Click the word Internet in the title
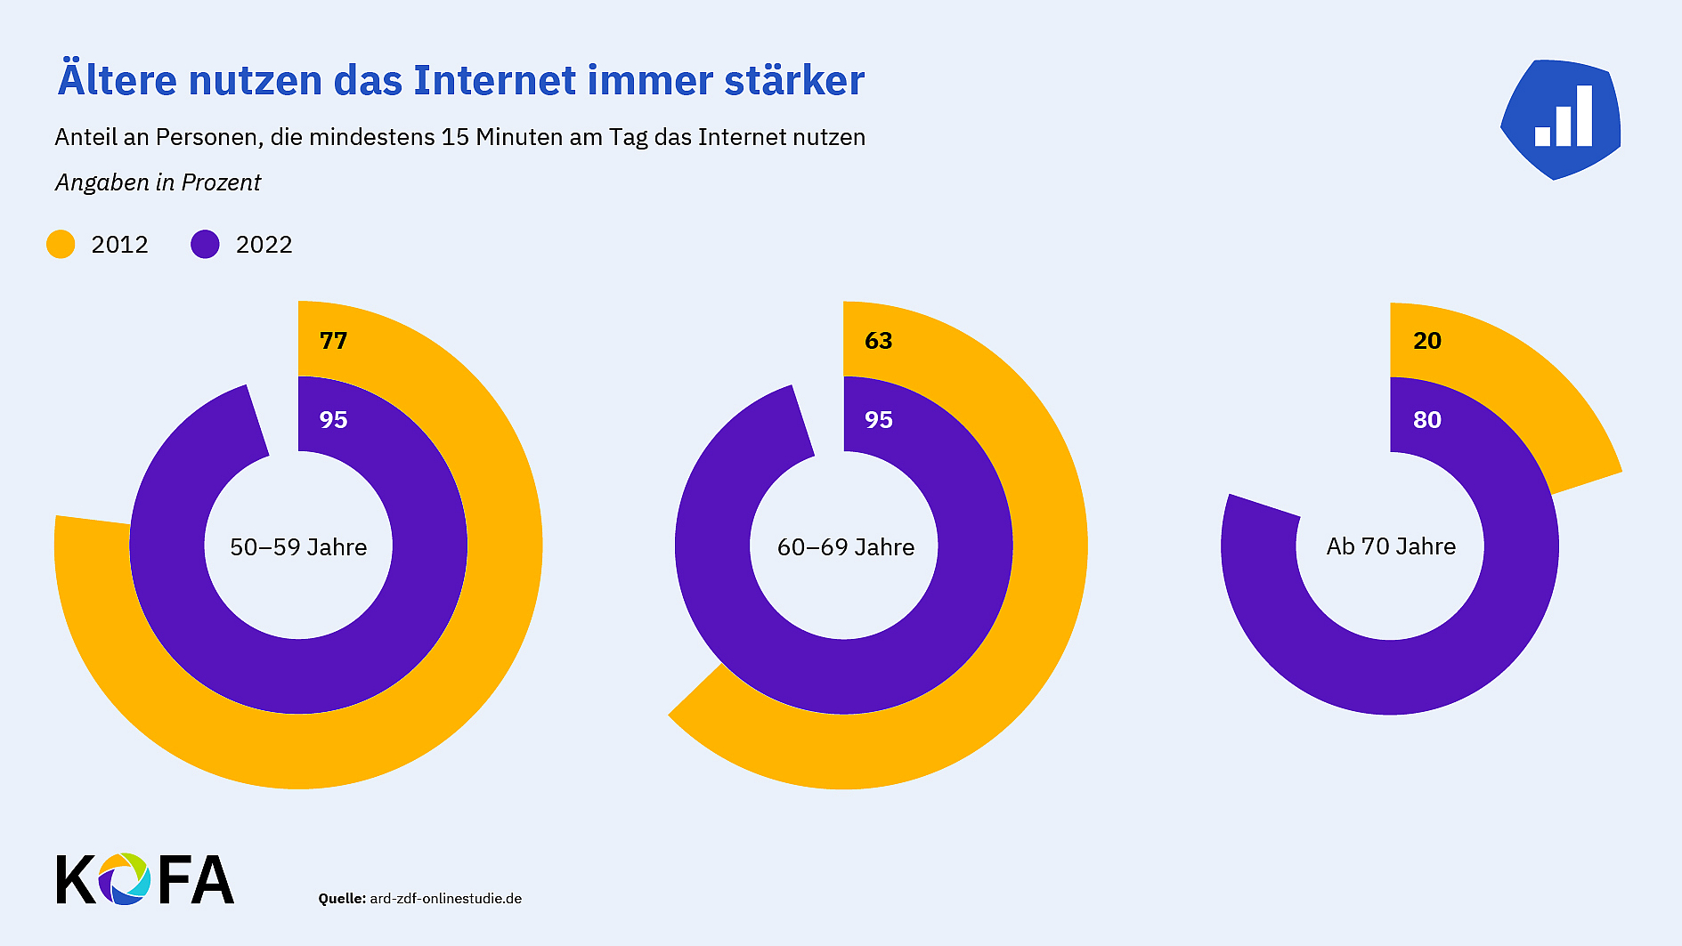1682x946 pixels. pyautogui.click(x=494, y=81)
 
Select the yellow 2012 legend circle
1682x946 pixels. pyautogui.click(x=61, y=245)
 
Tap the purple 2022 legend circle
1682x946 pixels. pyautogui.click(x=205, y=245)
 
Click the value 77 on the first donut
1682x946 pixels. pyautogui.click(x=333, y=341)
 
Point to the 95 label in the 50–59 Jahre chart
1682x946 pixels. pyautogui.click(x=333, y=420)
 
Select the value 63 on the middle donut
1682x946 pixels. pyautogui.click(x=878, y=341)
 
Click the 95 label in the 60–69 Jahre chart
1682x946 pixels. pyautogui.click(x=878, y=420)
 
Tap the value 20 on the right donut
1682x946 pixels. pyautogui.click(x=1426, y=341)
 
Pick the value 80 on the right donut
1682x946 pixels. pyautogui.click(x=1426, y=420)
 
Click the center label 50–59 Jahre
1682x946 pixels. pyautogui.click(x=298, y=547)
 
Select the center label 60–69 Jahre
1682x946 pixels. pyautogui.click(x=845, y=547)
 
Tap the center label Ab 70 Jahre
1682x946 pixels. pyautogui.click(x=1391, y=546)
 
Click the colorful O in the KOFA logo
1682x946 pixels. pyautogui.click(x=125, y=879)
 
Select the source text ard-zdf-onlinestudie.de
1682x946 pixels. pyautogui.click(x=445, y=899)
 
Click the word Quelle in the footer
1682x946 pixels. pyautogui.click(x=342, y=899)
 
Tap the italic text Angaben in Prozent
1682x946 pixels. pyautogui.click(x=158, y=183)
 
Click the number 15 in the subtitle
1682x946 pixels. pyautogui.click(x=455, y=138)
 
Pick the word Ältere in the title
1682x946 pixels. pyautogui.click(x=117, y=81)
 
